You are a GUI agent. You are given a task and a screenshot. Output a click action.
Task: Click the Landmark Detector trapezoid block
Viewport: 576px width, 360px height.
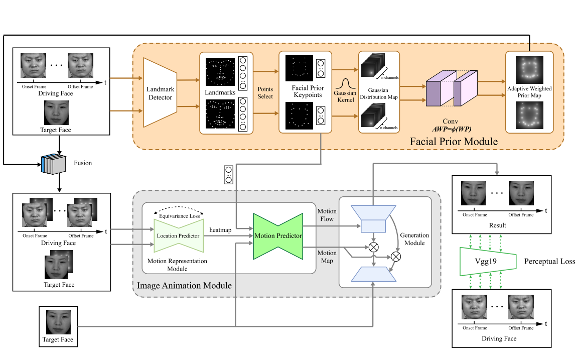[160, 92]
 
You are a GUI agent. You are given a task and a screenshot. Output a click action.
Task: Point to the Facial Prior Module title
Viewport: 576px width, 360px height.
[454, 141]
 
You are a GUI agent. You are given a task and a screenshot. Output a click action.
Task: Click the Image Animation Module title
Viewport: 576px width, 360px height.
[184, 285]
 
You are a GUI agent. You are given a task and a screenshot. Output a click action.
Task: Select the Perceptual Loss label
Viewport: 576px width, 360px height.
[548, 261]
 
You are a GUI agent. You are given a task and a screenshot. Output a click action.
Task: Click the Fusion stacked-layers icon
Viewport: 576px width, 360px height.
[53, 164]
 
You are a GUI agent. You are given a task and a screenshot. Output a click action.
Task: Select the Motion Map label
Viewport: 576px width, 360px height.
[327, 257]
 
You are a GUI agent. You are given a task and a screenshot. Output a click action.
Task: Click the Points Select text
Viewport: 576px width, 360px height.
[265, 92]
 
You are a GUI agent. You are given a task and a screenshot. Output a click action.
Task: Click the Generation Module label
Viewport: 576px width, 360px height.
[414, 239]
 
